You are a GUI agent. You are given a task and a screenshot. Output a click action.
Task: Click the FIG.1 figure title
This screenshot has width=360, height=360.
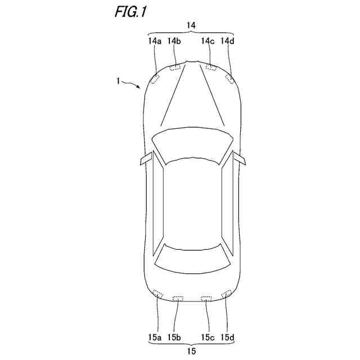point(130,12)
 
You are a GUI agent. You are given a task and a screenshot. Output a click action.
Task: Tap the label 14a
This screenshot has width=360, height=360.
point(155,41)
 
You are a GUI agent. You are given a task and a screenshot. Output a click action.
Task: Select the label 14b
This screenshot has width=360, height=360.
point(174,41)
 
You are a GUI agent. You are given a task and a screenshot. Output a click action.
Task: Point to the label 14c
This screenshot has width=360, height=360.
point(208,41)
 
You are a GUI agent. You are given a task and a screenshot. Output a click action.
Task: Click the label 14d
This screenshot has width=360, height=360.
point(227,41)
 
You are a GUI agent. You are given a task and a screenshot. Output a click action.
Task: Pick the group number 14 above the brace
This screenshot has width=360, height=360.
point(191,25)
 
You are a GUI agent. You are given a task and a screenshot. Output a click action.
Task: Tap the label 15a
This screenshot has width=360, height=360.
point(155,337)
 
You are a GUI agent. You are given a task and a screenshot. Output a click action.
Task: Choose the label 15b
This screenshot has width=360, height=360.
point(174,337)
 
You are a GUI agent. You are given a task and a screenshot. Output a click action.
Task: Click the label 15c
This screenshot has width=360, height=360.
point(208,337)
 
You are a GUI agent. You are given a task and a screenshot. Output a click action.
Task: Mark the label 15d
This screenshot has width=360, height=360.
point(227,337)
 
